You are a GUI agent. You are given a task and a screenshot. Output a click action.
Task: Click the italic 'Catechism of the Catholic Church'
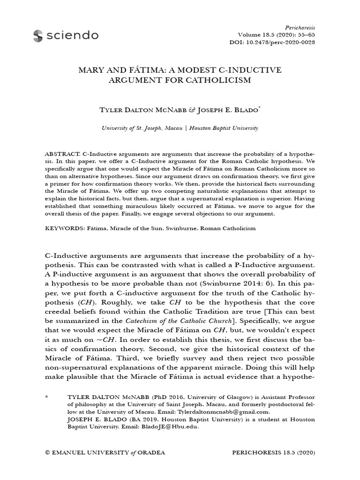tap(180, 321)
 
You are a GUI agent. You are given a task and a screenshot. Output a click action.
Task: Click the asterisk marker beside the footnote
tap(46, 397)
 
